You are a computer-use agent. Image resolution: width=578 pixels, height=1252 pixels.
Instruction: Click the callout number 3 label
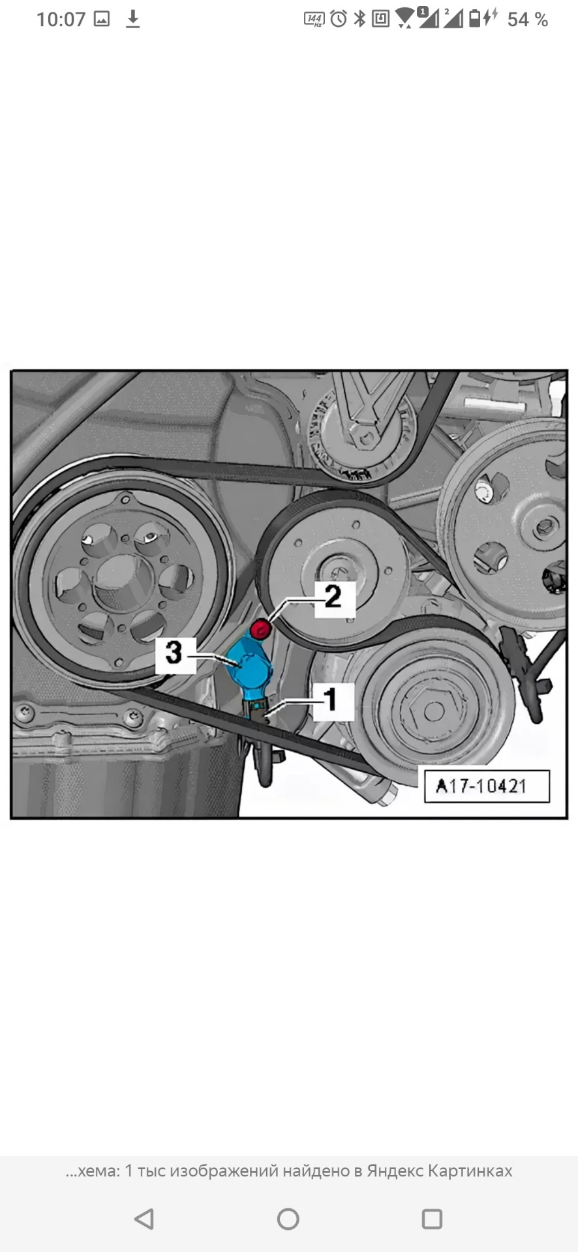click(x=174, y=653)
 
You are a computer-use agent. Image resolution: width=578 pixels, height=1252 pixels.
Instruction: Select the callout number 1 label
click(x=332, y=700)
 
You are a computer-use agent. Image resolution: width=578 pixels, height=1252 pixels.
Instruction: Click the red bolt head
click(x=261, y=629)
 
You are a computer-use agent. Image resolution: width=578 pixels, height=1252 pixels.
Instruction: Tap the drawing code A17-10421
click(x=481, y=786)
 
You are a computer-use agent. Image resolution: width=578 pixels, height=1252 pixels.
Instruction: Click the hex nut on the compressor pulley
click(x=433, y=711)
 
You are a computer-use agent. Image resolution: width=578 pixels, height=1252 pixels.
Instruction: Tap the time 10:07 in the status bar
click(x=61, y=20)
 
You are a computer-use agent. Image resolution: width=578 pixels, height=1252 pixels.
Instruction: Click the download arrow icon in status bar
click(x=132, y=20)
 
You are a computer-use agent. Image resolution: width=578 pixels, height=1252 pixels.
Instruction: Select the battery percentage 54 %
click(x=527, y=20)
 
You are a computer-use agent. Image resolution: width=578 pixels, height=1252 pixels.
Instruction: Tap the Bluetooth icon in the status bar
click(x=359, y=19)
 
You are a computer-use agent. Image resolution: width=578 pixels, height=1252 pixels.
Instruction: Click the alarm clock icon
click(x=339, y=19)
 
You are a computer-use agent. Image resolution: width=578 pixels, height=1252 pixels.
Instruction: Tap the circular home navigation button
click(x=288, y=1219)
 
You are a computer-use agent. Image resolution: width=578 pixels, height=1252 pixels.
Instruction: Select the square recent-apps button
click(x=432, y=1219)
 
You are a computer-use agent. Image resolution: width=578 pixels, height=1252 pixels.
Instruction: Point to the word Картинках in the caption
click(x=470, y=1171)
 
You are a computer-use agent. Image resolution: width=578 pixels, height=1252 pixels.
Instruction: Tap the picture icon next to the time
click(x=102, y=20)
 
